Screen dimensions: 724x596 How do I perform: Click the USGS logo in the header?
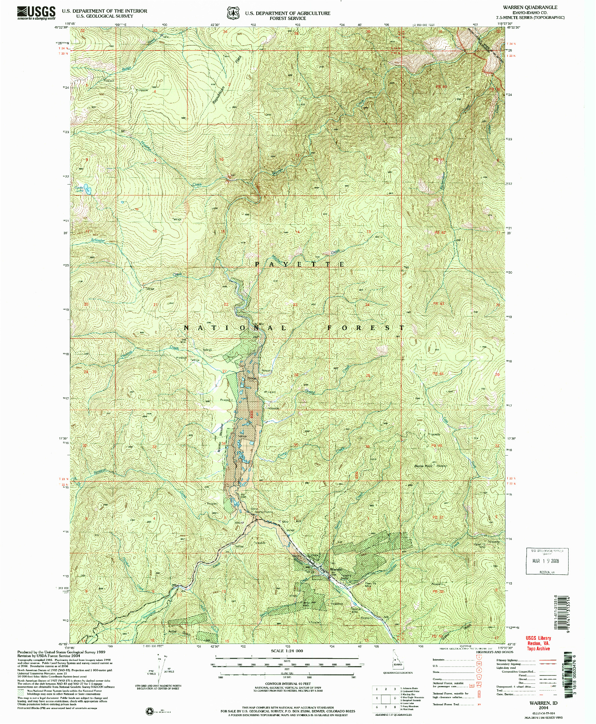click(36, 13)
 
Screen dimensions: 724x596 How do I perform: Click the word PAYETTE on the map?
click(300, 265)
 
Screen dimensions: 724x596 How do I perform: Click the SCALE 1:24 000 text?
click(287, 650)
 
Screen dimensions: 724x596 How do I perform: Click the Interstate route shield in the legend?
click(479, 660)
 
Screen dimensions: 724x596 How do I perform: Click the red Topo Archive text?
click(538, 648)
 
